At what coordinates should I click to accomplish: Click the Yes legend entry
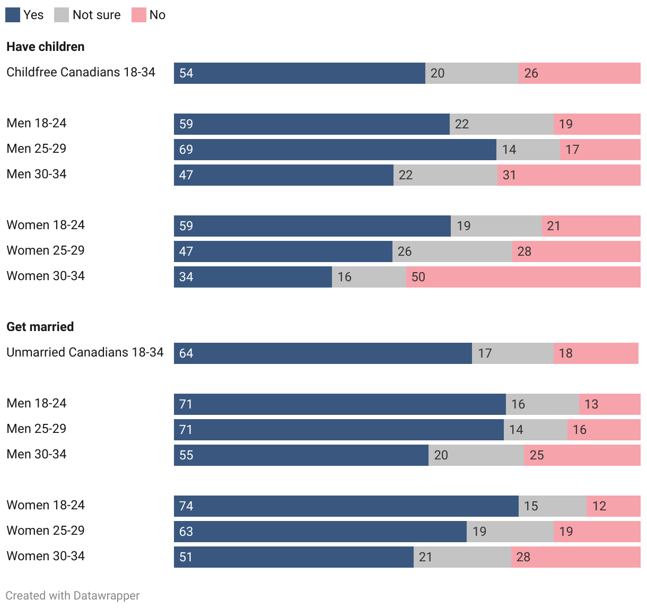[25, 15]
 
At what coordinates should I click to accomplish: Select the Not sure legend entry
[88, 15]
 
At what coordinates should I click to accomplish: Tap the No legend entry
[148, 15]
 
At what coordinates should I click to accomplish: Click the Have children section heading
[46, 47]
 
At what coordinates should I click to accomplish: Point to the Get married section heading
[40, 327]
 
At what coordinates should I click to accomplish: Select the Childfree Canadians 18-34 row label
[81, 72]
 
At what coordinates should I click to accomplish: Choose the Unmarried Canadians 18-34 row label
[85, 352]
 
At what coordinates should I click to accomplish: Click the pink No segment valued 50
[523, 277]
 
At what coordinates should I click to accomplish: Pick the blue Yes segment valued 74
[346, 506]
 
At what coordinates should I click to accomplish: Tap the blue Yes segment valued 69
[335, 150]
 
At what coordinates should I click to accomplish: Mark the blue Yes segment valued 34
[252, 277]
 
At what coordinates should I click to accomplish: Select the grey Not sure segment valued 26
[452, 251]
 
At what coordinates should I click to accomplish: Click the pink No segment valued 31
[569, 175]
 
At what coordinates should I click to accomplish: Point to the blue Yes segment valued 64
[322, 353]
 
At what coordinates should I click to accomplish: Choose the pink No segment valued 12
[613, 506]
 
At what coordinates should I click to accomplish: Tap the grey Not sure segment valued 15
[552, 506]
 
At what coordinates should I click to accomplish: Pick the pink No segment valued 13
[609, 404]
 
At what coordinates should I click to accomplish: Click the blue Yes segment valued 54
[299, 73]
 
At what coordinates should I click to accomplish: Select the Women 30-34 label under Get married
[46, 556]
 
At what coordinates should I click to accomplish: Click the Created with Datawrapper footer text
[73, 596]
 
